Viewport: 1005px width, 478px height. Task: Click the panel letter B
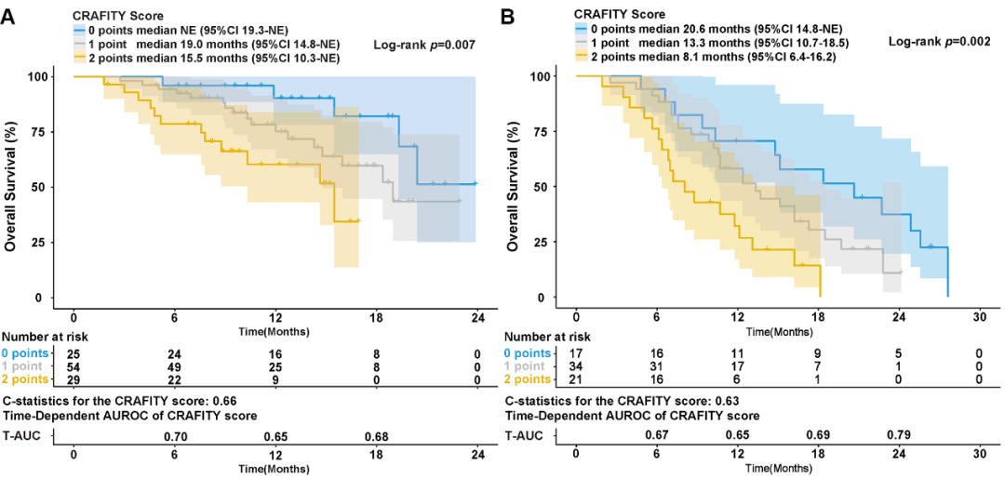tap(508, 17)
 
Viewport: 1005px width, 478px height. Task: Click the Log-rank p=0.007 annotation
tap(425, 44)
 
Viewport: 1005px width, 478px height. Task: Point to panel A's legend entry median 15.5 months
tap(206, 58)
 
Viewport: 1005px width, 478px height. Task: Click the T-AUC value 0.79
tap(899, 434)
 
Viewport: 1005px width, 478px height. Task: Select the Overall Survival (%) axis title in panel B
tap(515, 186)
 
